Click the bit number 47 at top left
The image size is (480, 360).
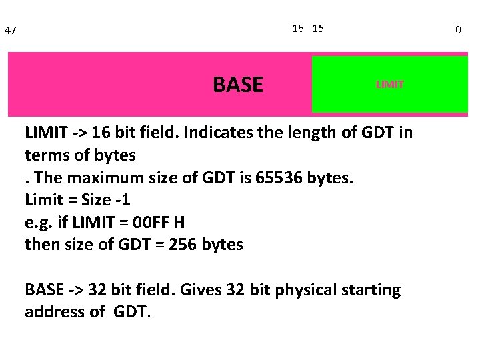click(x=10, y=31)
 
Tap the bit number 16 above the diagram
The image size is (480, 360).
click(x=298, y=28)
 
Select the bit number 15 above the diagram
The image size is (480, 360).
click(x=318, y=28)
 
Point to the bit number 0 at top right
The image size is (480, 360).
click(x=458, y=30)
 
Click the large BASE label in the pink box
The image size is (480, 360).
click(x=238, y=85)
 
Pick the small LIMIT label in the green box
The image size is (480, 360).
click(x=390, y=85)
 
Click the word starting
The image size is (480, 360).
click(x=371, y=290)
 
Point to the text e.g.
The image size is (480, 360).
click(x=39, y=223)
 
